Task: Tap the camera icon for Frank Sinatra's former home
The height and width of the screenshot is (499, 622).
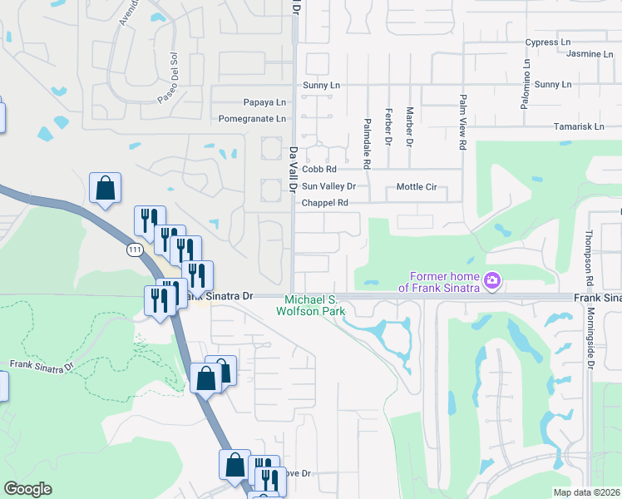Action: pos(492,282)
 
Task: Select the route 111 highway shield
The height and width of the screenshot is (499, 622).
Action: pos(134,249)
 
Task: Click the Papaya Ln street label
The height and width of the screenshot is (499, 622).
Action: pos(264,102)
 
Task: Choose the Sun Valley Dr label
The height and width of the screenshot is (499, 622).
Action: pos(328,187)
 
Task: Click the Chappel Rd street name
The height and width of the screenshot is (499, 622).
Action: pos(324,202)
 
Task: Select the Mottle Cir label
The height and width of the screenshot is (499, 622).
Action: pos(417,187)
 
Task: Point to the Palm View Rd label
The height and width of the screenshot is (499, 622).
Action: pos(462,121)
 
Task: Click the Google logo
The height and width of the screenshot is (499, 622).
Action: pos(28,489)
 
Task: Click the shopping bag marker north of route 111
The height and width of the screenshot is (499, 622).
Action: pos(106,189)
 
